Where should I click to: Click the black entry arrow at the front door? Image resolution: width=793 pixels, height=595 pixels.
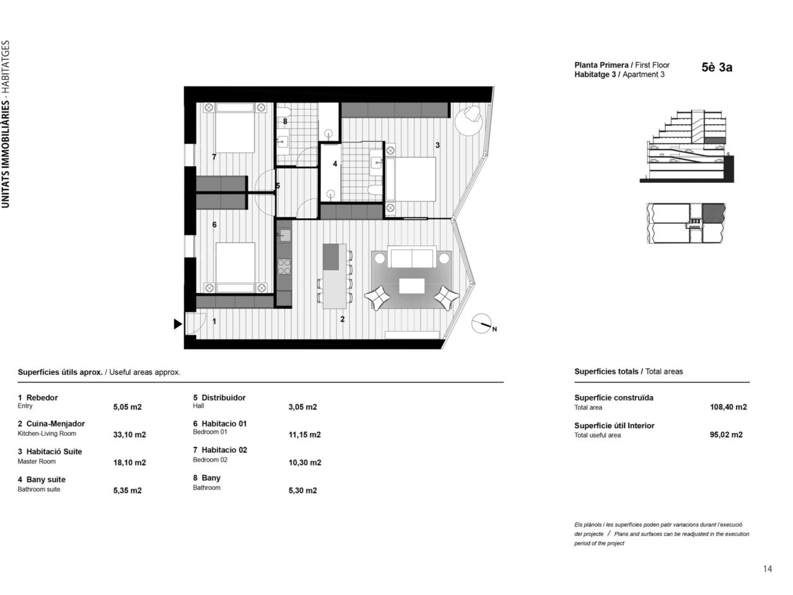(x=177, y=324)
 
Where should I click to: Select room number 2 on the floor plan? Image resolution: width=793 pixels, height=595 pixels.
(x=342, y=319)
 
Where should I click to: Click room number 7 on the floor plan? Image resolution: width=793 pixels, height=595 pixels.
(x=214, y=157)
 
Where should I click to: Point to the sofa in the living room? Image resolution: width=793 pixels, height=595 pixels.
(x=412, y=257)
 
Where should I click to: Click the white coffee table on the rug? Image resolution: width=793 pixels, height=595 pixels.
(x=411, y=286)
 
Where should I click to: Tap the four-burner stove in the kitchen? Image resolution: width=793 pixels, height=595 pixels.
(x=284, y=267)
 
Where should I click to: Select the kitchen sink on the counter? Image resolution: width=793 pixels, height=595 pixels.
(x=284, y=236)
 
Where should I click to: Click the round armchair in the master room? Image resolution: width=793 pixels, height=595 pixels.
(x=468, y=120)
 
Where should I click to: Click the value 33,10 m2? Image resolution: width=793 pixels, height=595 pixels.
(x=129, y=434)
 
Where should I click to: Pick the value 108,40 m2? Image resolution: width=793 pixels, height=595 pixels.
(x=728, y=407)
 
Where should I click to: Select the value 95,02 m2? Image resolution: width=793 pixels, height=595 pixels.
(x=726, y=434)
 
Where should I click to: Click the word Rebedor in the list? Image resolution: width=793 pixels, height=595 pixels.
(x=42, y=398)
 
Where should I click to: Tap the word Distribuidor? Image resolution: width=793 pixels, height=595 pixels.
(x=223, y=398)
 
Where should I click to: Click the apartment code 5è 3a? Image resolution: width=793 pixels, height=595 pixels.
(x=717, y=68)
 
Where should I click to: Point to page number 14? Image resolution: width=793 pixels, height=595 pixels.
(x=768, y=569)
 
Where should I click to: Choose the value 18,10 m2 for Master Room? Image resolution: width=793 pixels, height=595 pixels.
(x=129, y=462)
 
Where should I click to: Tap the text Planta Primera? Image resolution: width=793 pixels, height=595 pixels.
(x=601, y=66)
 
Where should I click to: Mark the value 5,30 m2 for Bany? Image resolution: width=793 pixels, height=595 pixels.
(x=302, y=490)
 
